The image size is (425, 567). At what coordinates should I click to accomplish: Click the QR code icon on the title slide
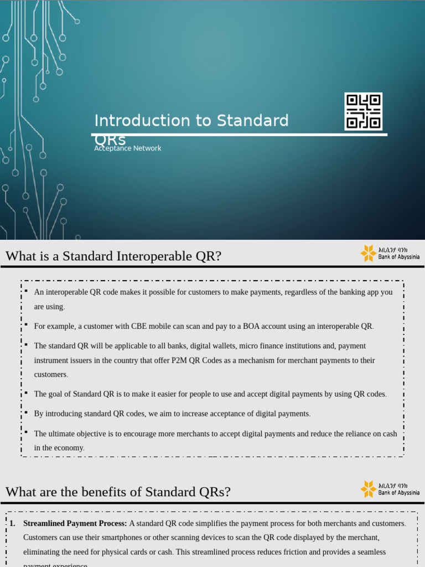pos(363,111)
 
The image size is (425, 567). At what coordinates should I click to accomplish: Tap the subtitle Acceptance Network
pos(128,148)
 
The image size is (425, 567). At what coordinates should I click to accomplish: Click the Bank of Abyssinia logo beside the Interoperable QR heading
pos(390,253)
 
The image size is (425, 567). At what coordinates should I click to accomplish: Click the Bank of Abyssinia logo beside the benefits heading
pos(390,488)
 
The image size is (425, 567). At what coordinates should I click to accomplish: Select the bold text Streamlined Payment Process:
pos(75,523)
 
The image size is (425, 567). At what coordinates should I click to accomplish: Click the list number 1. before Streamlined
pos(12,523)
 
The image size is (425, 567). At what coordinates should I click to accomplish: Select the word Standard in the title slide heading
pos(252,121)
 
